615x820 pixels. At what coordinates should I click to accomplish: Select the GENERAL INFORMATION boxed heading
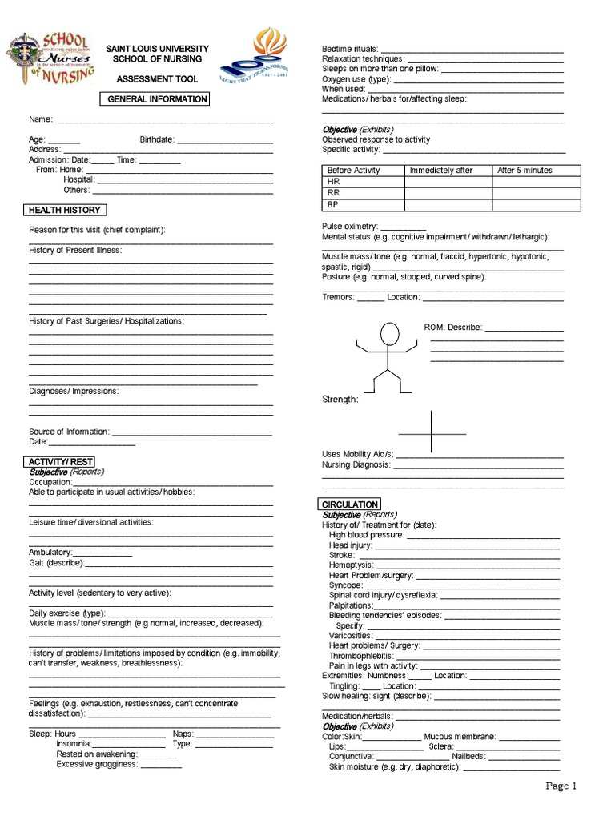[158, 99]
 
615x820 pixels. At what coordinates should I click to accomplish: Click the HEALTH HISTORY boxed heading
[65, 210]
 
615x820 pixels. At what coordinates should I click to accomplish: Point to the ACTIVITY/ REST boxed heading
[61, 462]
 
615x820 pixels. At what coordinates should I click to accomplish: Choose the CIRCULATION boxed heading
[349, 504]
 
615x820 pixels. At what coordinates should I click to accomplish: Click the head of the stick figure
[389, 334]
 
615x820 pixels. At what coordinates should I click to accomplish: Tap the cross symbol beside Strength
[432, 432]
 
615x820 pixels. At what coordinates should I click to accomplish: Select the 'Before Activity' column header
[354, 171]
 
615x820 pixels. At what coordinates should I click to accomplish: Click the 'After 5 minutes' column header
[525, 171]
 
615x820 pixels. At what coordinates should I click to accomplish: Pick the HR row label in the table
[334, 182]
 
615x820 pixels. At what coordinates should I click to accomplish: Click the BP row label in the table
[333, 204]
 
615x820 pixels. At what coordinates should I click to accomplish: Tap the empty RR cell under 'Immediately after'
[448, 193]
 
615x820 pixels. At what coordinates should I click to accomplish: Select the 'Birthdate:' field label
[157, 139]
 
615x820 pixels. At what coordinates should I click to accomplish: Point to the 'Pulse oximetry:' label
[350, 227]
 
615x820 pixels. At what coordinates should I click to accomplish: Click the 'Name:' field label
[41, 119]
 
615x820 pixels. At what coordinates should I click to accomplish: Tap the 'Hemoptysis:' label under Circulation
[351, 565]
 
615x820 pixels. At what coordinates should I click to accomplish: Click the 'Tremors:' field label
[338, 297]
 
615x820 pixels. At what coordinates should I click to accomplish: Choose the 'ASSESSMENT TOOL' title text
[157, 79]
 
